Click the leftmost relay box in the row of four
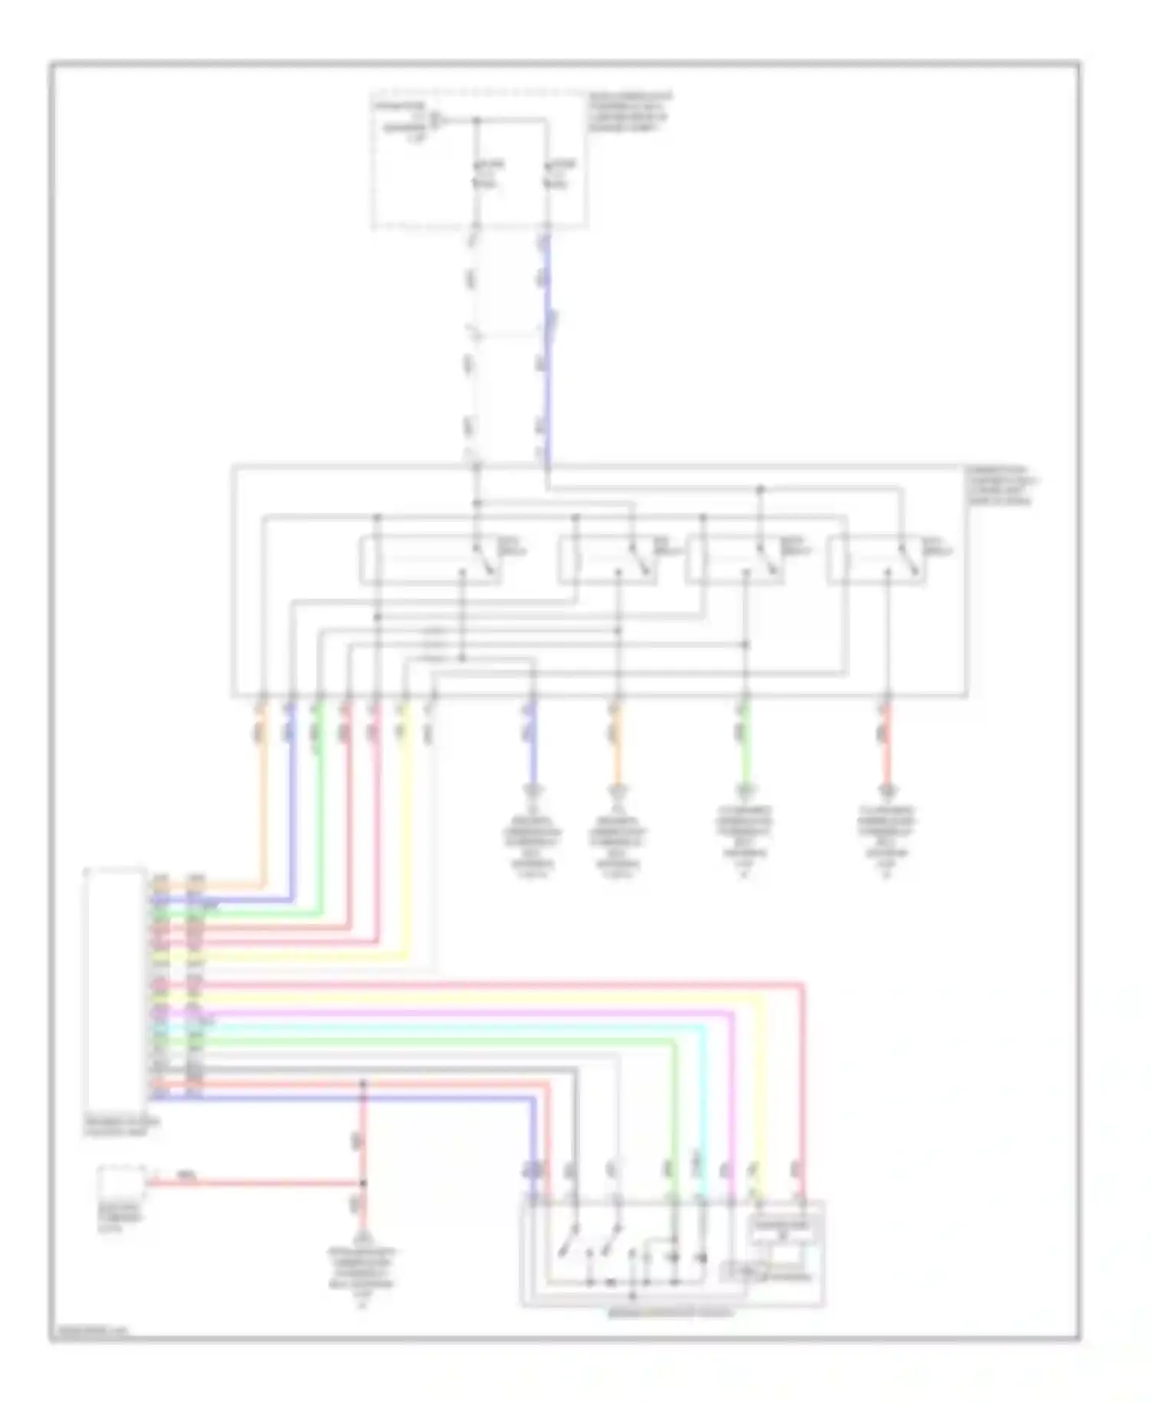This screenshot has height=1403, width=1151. pyautogui.click(x=430, y=561)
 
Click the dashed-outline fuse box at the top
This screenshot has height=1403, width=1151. pyautogui.click(x=480, y=161)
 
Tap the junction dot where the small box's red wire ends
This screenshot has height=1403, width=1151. pyautogui.click(x=363, y=1183)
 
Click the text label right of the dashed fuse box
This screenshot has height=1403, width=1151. pyautogui.click(x=629, y=112)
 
